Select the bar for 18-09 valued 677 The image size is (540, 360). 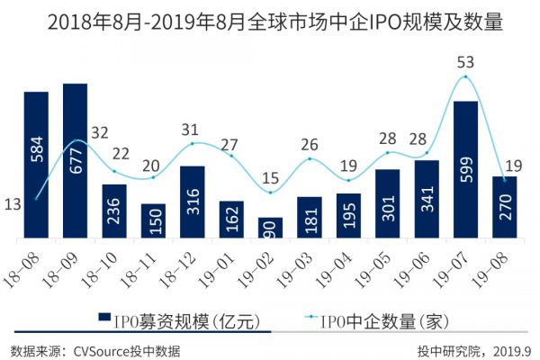[75, 162]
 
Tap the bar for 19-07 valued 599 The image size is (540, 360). [465, 171]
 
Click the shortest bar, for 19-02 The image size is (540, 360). [270, 229]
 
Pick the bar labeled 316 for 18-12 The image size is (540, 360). [192, 202]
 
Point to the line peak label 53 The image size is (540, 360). [464, 62]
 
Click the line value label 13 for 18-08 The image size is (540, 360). [13, 205]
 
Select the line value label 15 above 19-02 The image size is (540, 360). [270, 177]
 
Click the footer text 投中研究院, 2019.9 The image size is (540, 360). [474, 349]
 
